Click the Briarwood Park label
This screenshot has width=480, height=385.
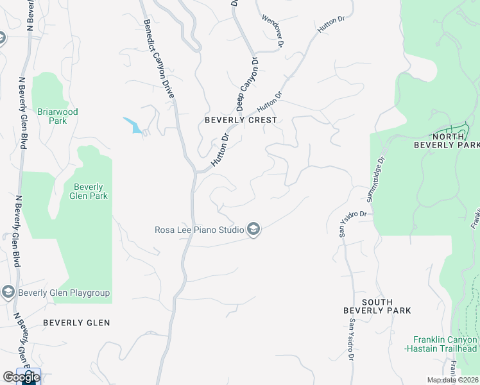[57, 116]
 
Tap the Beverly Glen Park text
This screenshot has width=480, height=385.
[85, 191]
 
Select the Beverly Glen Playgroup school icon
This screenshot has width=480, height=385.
[8, 293]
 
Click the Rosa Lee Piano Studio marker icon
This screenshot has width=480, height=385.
[253, 230]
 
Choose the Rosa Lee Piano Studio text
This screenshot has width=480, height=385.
[199, 230]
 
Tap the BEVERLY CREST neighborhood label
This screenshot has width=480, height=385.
[241, 120]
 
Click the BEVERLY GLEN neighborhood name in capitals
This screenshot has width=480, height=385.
[76, 323]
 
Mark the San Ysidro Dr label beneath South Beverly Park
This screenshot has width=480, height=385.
[352, 341]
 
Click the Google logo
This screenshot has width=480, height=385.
[21, 377]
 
